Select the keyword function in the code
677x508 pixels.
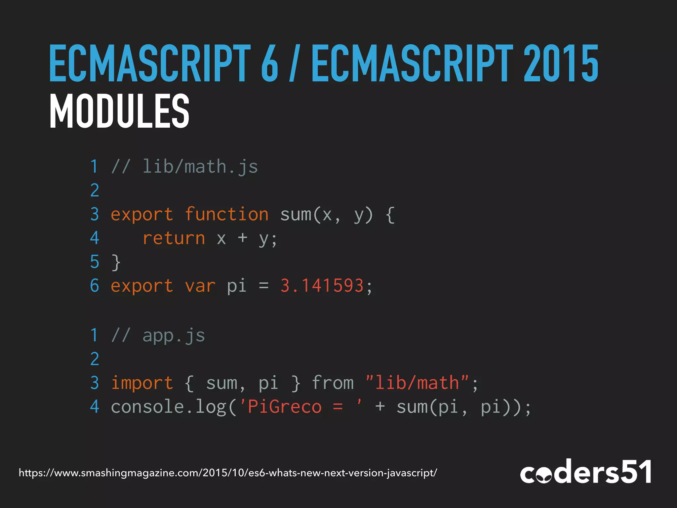226,214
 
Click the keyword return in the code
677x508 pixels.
174,238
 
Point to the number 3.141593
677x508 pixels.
322,286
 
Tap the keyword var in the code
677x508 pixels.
200,286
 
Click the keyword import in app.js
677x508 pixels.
142,383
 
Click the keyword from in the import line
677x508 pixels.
333,383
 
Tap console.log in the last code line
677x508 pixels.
169,407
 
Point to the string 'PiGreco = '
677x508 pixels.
301,407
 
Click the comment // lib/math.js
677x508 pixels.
184,166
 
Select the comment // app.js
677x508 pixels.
158,335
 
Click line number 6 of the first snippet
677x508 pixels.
95,286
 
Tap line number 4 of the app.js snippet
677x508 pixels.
95,407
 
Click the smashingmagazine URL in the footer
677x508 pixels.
228,473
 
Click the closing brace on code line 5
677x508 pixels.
116,262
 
